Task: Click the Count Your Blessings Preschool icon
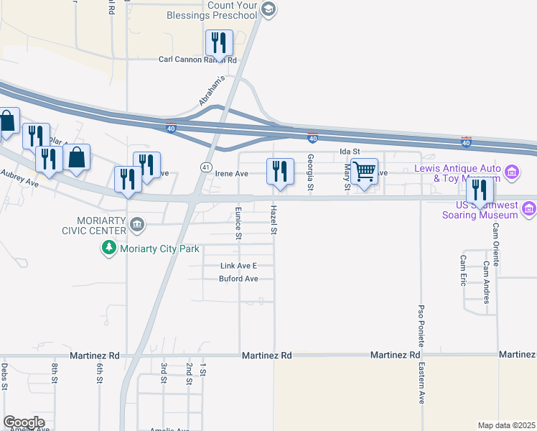(268, 9)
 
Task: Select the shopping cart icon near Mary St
(364, 172)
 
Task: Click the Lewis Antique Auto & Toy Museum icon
(511, 172)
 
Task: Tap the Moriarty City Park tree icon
(108, 248)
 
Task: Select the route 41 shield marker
(205, 167)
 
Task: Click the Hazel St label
(273, 221)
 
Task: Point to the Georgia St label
(311, 172)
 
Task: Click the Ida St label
(349, 152)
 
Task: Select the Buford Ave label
(238, 279)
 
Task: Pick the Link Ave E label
(237, 266)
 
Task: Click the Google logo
(24, 422)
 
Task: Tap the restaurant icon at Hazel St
(279, 172)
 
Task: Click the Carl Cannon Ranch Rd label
(197, 60)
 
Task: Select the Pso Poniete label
(421, 324)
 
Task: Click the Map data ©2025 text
(507, 425)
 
